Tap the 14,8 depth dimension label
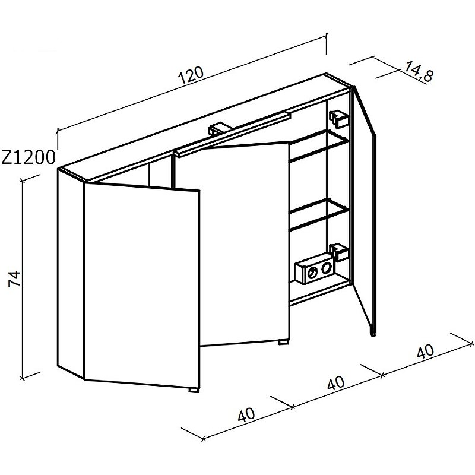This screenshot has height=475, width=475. [419, 71]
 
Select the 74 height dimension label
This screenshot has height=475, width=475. [14, 278]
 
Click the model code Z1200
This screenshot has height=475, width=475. [28, 157]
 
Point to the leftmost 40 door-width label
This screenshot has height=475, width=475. [246, 414]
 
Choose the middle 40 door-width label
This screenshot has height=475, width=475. [336, 383]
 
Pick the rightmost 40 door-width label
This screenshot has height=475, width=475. [425, 351]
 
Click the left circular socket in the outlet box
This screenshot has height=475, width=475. [312, 273]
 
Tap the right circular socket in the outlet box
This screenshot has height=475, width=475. [326, 267]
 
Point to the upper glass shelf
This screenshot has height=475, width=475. [319, 145]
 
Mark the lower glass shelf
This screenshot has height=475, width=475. [319, 214]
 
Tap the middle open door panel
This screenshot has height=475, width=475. [245, 244]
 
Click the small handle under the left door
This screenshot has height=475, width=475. [194, 390]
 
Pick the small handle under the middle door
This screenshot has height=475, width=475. [284, 342]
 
